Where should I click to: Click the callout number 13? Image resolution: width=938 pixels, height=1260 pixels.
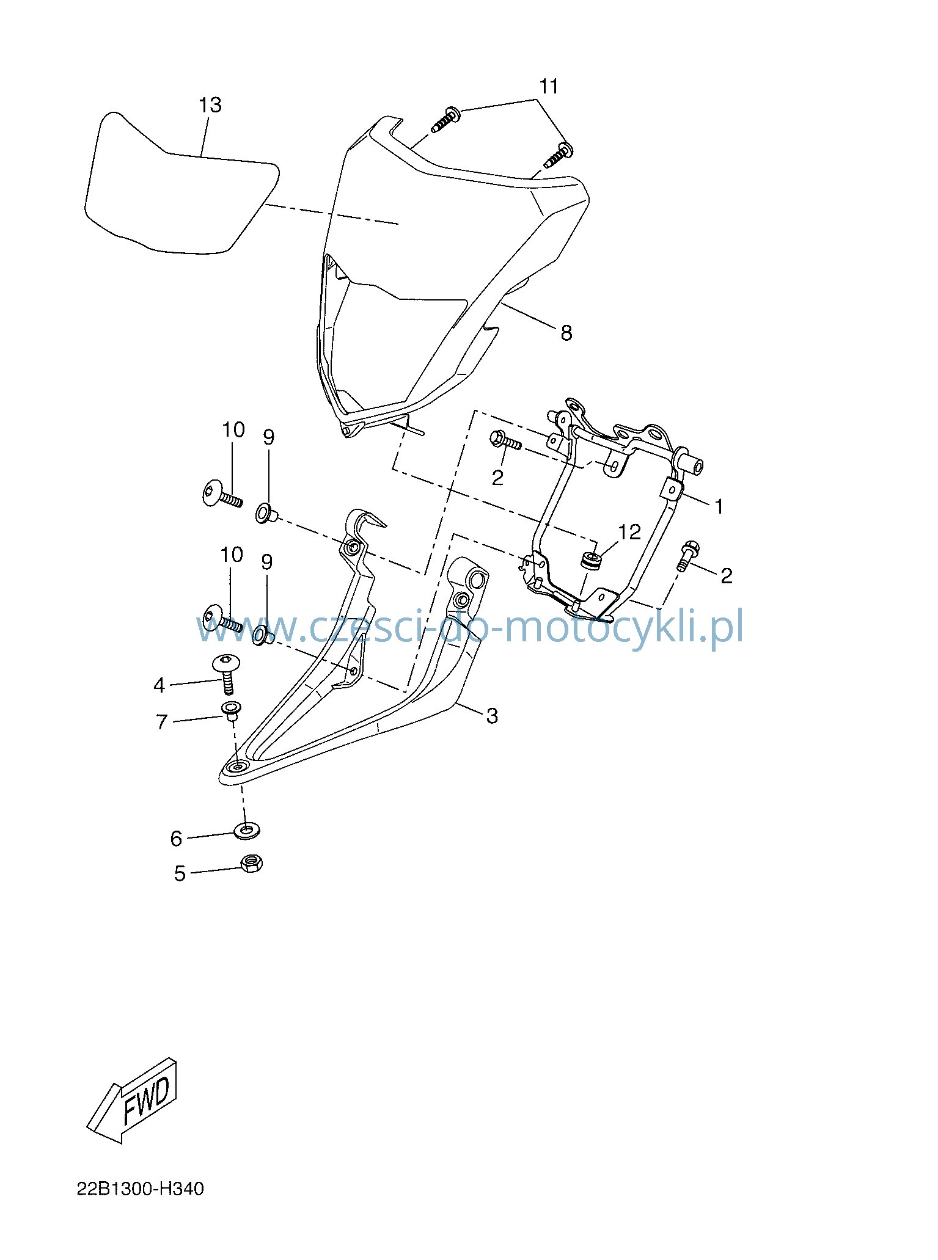210,105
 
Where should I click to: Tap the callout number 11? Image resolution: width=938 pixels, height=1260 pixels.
549,87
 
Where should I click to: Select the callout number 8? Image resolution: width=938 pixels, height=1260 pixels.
566,333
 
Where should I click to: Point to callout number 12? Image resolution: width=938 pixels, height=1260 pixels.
629,532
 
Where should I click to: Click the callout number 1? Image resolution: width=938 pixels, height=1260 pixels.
719,506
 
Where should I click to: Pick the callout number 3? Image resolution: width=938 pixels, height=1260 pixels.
493,716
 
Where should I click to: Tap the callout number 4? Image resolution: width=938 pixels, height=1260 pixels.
159,686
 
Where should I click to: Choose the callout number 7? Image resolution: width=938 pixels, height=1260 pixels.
162,723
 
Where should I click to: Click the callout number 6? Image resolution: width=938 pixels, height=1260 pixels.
177,839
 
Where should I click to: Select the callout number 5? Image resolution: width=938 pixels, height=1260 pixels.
180,873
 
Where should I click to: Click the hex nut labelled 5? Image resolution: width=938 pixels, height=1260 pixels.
252,863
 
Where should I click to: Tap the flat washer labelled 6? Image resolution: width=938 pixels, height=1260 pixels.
246,831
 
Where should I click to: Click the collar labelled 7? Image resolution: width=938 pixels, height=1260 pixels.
231,711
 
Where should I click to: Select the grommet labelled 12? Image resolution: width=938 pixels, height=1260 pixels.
591,559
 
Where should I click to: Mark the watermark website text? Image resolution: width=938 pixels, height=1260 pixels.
469,627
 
